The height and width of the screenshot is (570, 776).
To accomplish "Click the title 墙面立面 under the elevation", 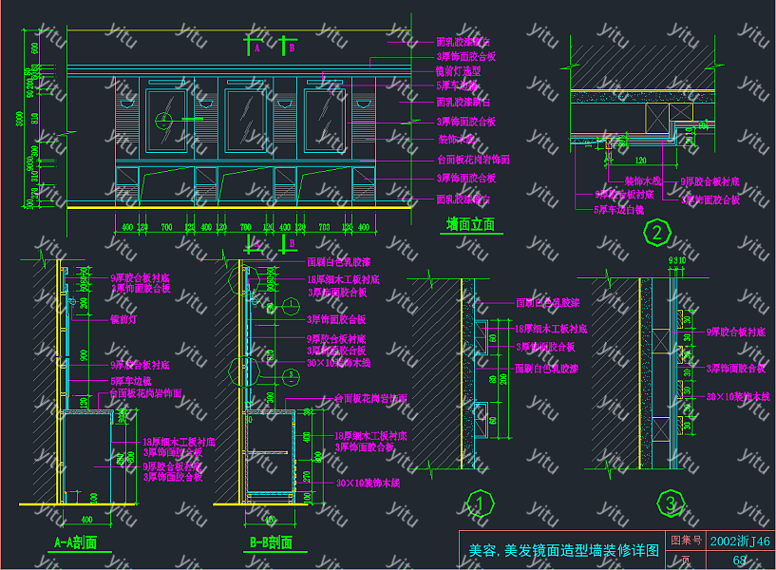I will (471, 225).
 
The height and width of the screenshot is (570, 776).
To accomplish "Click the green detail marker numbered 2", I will (655, 232).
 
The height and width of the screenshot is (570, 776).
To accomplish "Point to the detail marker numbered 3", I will (672, 503).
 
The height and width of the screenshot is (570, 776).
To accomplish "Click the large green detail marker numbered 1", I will (481, 503).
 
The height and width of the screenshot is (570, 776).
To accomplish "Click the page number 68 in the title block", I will (740, 560).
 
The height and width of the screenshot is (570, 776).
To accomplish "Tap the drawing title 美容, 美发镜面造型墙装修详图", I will (564, 550).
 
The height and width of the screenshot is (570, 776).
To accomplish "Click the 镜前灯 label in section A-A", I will (124, 319).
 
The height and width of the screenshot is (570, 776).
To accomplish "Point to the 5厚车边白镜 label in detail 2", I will (618, 208).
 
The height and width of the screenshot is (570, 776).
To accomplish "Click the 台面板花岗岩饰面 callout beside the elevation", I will (472, 160).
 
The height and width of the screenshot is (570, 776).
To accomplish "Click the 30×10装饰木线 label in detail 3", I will (736, 395).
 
